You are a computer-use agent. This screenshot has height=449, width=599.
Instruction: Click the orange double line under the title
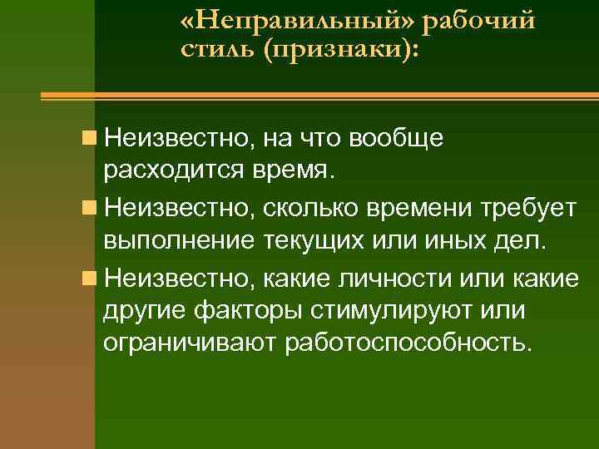point(319,97)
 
